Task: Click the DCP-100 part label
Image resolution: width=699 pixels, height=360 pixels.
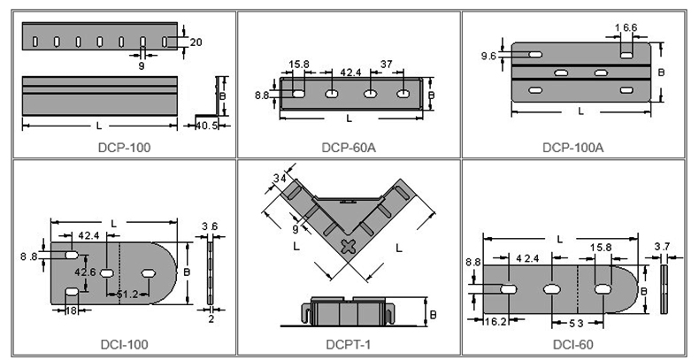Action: pyautogui.click(x=124, y=148)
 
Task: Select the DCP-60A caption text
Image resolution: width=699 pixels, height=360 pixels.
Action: pyautogui.click(x=349, y=148)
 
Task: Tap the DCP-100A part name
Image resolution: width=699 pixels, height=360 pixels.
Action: pyautogui.click(x=572, y=148)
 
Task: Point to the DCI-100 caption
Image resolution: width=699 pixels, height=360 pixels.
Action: pyautogui.click(x=125, y=344)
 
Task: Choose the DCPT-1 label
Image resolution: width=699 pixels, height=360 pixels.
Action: pyautogui.click(x=348, y=344)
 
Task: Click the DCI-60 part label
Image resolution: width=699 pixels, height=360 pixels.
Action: pyautogui.click(x=573, y=344)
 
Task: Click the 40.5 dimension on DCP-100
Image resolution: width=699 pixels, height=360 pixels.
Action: pyautogui.click(x=207, y=126)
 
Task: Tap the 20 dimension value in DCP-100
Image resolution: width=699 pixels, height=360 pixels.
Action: pyautogui.click(x=196, y=42)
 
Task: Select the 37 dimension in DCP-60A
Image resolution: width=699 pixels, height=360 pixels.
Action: pyautogui.click(x=387, y=65)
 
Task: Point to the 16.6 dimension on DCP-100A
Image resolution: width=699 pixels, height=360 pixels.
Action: pyautogui.click(x=626, y=27)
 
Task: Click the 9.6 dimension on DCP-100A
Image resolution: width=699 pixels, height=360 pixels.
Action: pyautogui.click(x=488, y=56)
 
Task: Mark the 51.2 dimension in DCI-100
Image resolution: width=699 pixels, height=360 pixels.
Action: pyautogui.click(x=127, y=294)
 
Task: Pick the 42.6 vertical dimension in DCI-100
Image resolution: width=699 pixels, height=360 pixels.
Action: pyautogui.click(x=85, y=272)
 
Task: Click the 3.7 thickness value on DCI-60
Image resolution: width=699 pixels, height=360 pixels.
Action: pyautogui.click(x=663, y=247)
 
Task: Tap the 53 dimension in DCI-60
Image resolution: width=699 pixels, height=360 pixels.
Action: pyautogui.click(x=576, y=324)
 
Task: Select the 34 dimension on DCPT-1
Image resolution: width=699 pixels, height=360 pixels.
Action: pyautogui.click(x=280, y=178)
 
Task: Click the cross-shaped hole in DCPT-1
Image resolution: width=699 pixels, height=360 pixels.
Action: pyautogui.click(x=349, y=247)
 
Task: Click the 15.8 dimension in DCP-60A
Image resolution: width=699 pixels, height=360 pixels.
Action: pyautogui.click(x=299, y=65)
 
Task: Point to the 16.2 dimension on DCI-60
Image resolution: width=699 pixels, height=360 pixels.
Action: pyautogui.click(x=495, y=321)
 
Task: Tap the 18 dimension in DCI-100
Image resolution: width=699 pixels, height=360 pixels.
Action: pyautogui.click(x=72, y=310)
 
